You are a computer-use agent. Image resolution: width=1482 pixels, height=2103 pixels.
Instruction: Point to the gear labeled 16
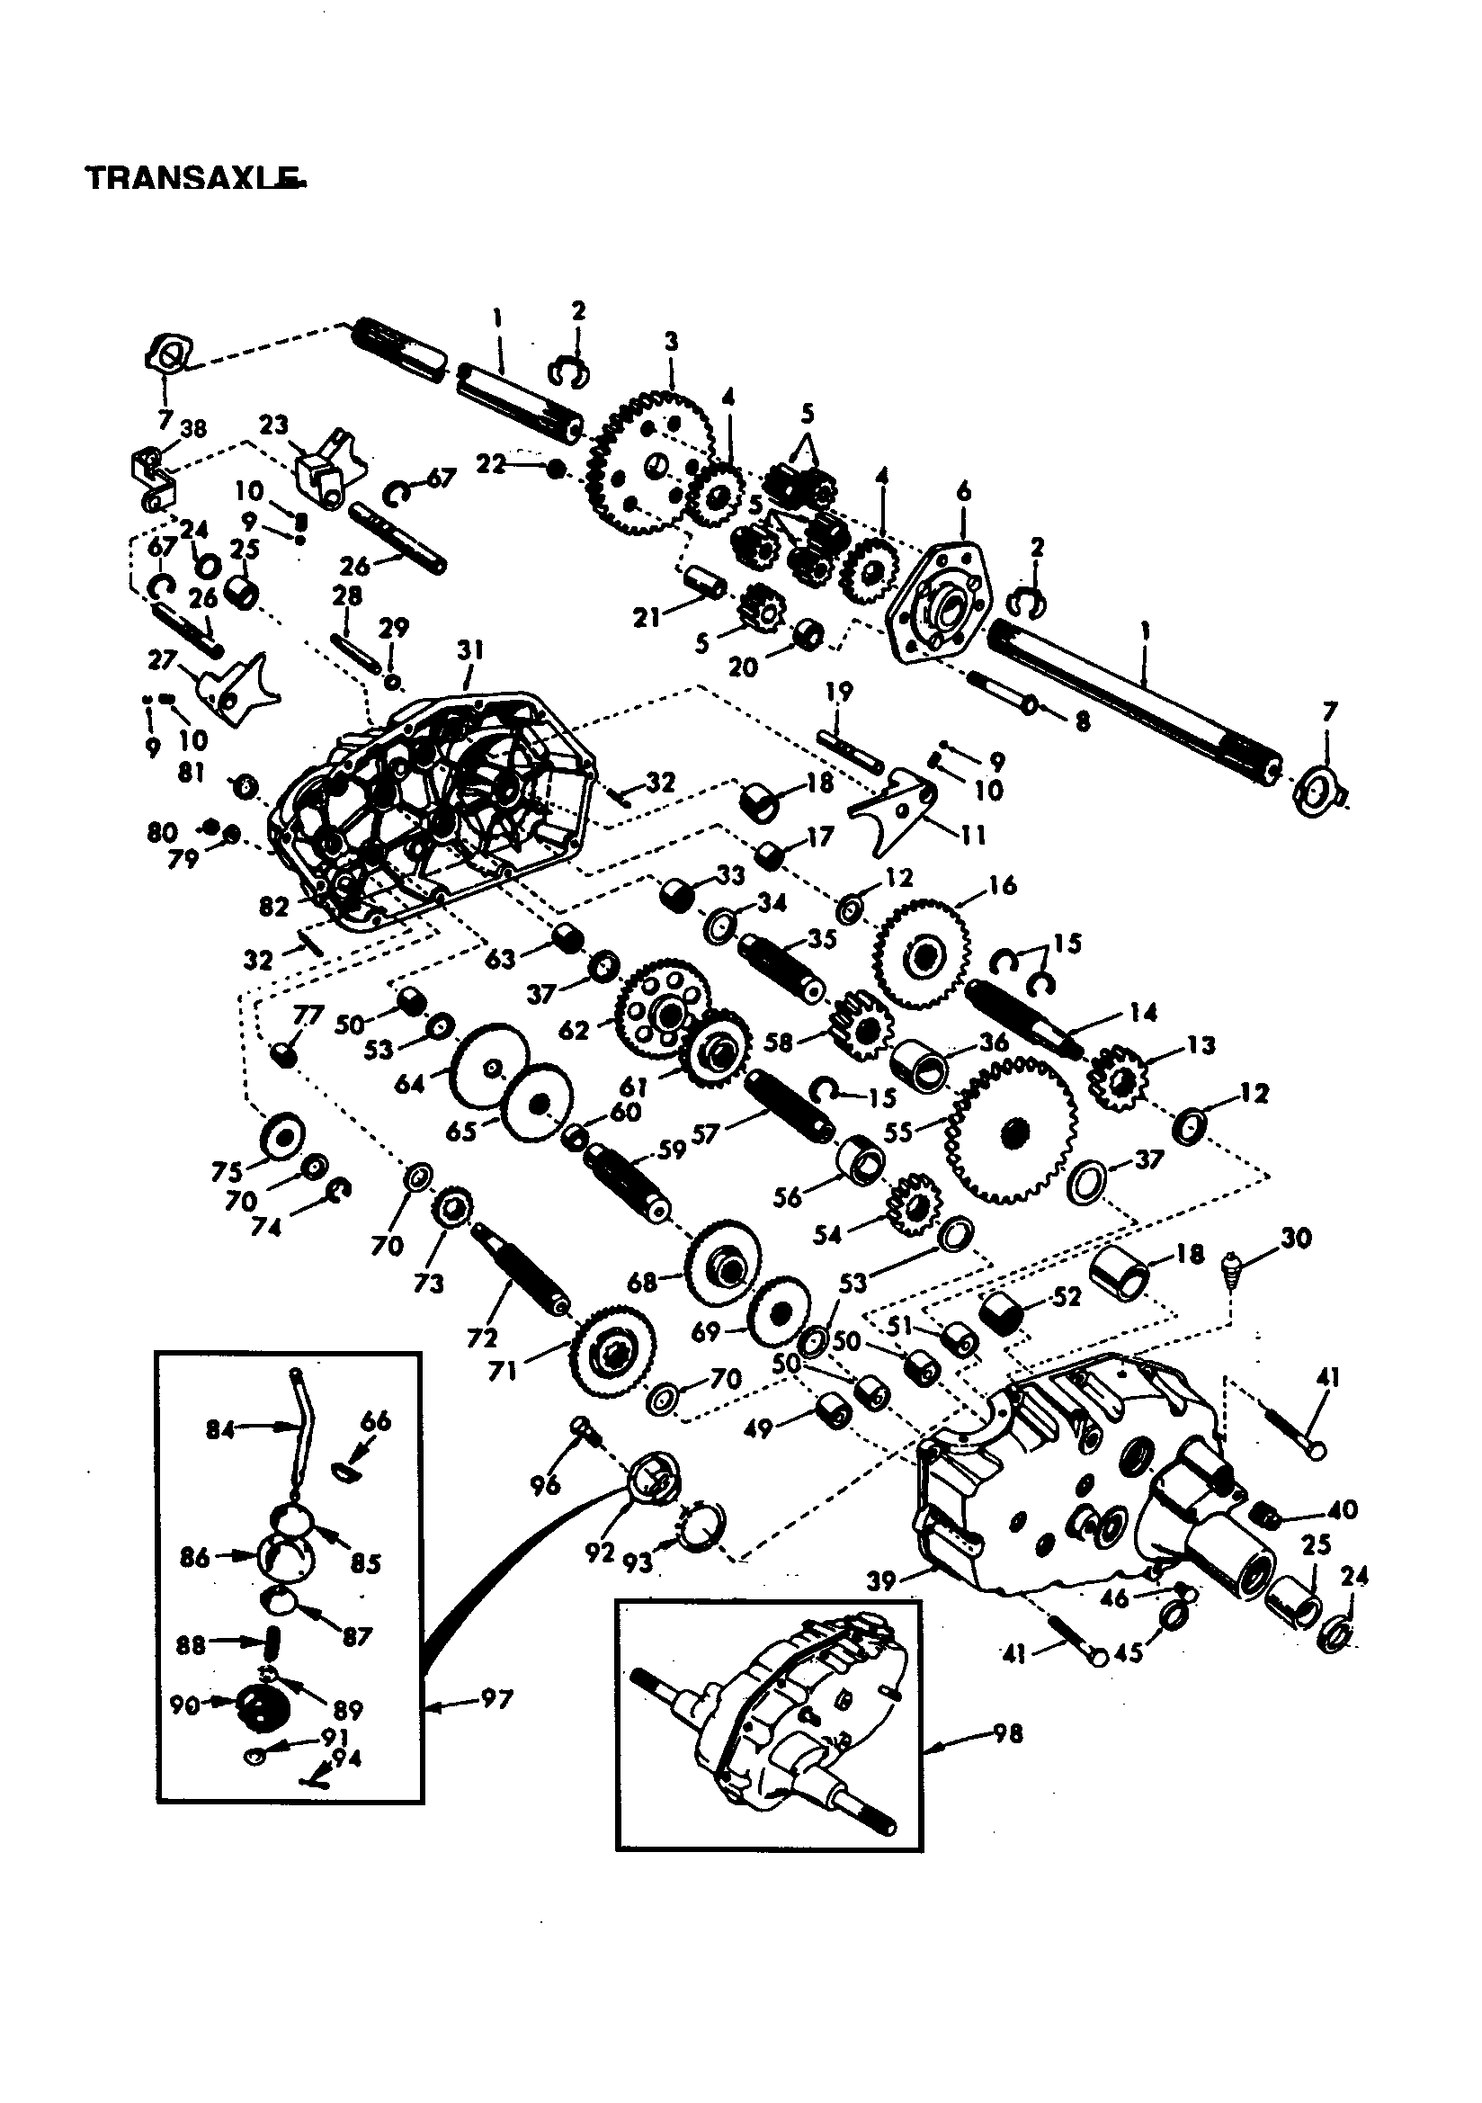click(x=921, y=955)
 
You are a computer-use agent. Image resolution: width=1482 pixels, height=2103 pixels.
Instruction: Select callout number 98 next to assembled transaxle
click(x=1007, y=1734)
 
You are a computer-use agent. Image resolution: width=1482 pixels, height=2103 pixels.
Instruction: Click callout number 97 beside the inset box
click(x=495, y=1700)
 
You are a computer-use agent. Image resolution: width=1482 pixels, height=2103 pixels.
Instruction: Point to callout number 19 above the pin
click(x=839, y=692)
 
